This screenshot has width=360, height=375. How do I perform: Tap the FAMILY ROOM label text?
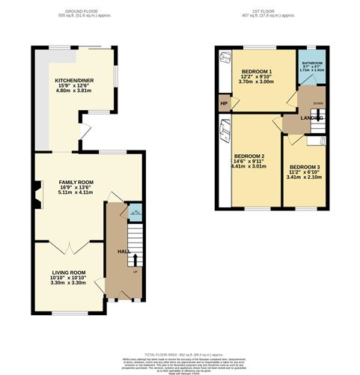[x=76, y=182]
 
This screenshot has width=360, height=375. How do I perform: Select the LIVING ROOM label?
[x=68, y=272]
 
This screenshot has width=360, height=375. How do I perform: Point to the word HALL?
[x=123, y=251]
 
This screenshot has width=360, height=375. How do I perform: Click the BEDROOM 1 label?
[x=256, y=70]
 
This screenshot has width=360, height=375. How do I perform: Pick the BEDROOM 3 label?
[x=305, y=166]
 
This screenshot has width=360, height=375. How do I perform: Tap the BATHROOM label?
[x=312, y=63]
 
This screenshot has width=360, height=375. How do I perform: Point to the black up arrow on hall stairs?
[x=135, y=260]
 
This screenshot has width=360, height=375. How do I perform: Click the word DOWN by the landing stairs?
[x=317, y=104]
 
